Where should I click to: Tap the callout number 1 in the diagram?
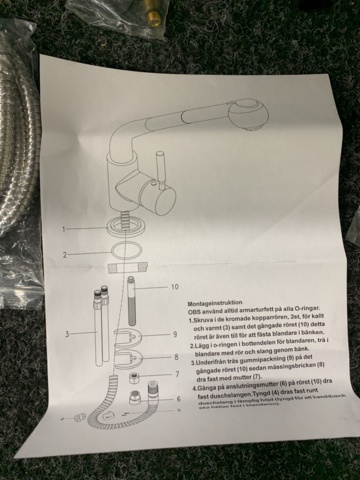pos(63,229)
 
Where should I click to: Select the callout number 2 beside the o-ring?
pos(63,254)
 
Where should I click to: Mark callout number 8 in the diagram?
pos(176,354)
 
